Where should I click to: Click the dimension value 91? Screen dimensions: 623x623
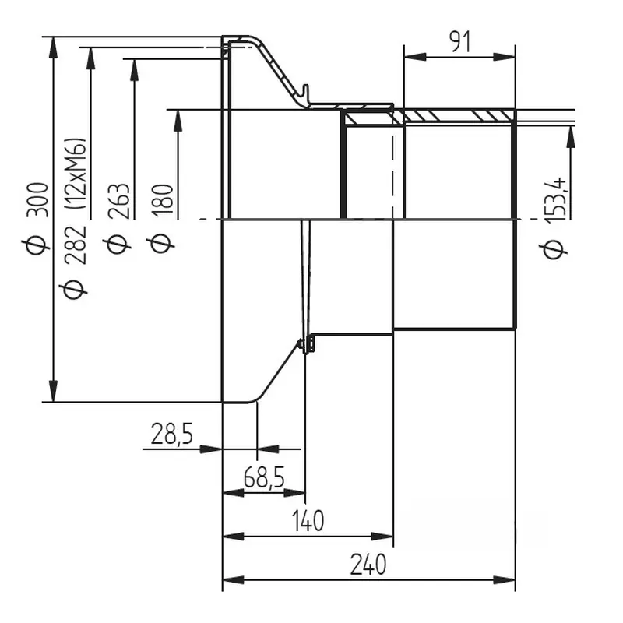pos(459,42)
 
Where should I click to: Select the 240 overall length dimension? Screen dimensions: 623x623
pos(368,565)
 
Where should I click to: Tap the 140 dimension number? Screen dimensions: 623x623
pos(308,521)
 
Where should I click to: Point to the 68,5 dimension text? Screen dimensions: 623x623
pos(264,477)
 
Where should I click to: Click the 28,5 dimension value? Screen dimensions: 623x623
pos(171,434)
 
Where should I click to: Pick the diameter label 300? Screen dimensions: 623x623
pos(37,200)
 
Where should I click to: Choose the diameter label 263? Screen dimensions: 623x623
pos(119,202)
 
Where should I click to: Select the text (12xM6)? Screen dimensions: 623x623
pos(75,174)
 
